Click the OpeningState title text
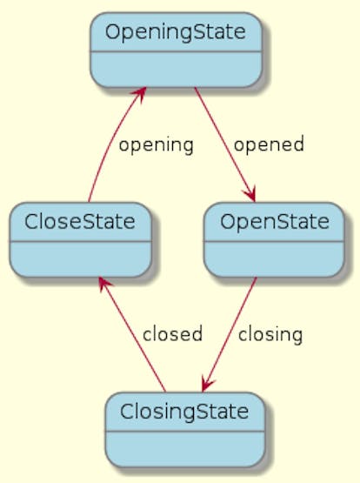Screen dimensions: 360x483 pos(176,33)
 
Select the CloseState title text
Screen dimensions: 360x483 pos(80,222)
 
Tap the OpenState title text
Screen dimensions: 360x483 pos(275,223)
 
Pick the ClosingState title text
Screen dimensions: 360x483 pos(184,413)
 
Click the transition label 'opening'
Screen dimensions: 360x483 pos(157,145)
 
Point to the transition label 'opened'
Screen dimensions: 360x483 pos(269,144)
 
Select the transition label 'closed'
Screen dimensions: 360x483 pos(172,333)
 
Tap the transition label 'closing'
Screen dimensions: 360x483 pos(270,335)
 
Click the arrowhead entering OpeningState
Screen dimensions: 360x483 pos(142,92)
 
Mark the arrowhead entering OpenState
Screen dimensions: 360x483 pos(251,196)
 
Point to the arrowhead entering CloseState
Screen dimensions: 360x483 pos(103,283)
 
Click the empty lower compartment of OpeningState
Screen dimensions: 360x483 pos(176,70)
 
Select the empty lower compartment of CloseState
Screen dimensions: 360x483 pos(80,259)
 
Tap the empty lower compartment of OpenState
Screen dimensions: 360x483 pos(274,259)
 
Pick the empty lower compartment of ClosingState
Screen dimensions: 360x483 pos(184,449)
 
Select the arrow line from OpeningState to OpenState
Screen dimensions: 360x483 pos(224,144)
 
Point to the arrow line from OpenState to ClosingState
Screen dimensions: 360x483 pos(230,334)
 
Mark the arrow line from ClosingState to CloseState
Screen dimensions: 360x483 pos(133,334)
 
